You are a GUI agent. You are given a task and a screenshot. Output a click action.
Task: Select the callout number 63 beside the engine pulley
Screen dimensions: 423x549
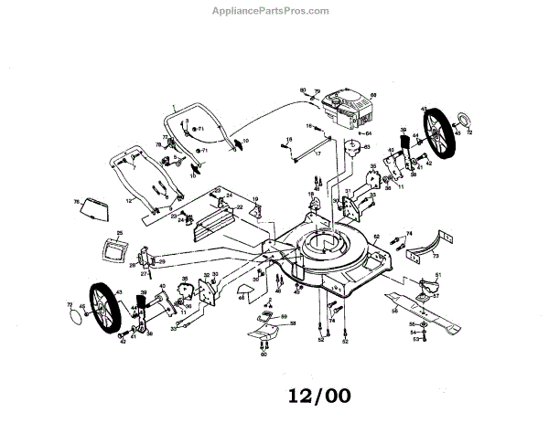pyautogui.click(x=366, y=147)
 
